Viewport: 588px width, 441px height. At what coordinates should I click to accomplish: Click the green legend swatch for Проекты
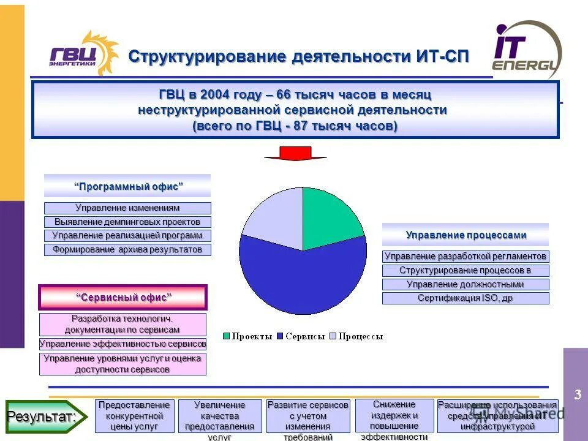pos(226,336)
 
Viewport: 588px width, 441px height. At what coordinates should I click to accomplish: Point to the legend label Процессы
pos(361,336)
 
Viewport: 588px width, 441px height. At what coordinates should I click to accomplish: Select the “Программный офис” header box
pos(127,186)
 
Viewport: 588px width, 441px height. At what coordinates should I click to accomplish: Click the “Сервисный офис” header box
pos(123,297)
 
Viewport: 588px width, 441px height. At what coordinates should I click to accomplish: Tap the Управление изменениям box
pos(127,208)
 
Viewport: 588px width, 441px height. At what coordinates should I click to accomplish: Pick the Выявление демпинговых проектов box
pos(127,222)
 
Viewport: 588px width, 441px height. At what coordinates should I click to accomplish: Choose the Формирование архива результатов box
pos(127,250)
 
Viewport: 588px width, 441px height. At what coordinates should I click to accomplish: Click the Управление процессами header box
pos(466,235)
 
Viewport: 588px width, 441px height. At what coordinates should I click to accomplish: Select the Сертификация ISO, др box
pos(466,298)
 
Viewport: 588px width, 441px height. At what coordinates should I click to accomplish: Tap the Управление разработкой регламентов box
pos(466,256)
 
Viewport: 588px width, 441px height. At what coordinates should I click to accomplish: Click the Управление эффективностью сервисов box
pos(123,344)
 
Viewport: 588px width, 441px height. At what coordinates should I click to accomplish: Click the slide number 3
pos(577,395)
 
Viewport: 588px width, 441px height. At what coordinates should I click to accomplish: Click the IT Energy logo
pos(527,50)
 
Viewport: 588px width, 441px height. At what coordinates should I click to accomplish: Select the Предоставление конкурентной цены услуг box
pos(135,415)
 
